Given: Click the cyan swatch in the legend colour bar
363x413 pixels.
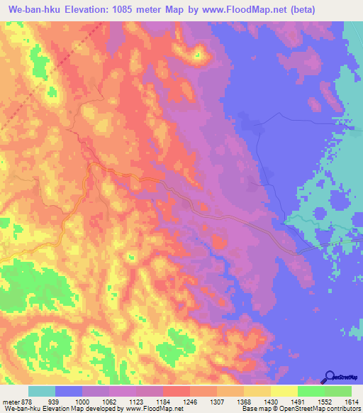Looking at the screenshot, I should pyautogui.click(x=42, y=391).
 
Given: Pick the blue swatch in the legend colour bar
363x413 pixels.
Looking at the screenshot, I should pyautogui.click(x=69, y=391).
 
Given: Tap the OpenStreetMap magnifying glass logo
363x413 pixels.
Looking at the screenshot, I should pyautogui.click(x=331, y=378).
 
